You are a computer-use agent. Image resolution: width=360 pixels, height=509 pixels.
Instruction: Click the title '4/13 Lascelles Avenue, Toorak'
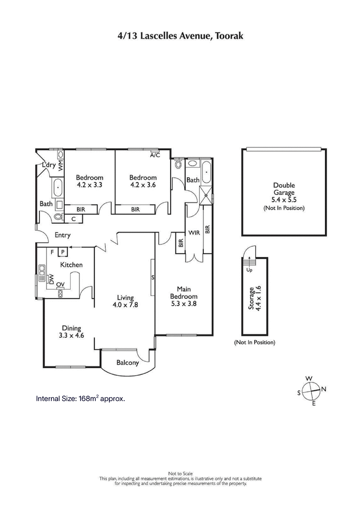(180, 36)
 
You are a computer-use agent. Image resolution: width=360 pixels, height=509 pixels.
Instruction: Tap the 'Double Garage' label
(283, 193)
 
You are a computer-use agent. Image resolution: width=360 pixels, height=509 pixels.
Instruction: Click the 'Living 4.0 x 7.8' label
(126, 301)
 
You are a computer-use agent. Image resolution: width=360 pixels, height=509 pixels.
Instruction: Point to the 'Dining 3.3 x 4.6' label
(72, 331)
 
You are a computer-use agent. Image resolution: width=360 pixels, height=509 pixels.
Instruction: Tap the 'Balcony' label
(127, 363)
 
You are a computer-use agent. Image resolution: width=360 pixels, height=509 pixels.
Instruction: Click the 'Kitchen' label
(72, 265)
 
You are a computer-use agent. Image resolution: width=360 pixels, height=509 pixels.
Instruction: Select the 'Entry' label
(63, 235)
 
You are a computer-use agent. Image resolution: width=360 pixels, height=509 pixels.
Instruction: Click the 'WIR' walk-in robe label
(194, 233)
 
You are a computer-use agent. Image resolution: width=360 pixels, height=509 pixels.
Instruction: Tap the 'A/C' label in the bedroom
(155, 155)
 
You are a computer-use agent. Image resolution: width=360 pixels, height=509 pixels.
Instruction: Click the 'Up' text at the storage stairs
(249, 270)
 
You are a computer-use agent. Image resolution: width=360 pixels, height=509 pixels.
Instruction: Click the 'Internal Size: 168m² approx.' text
(80, 398)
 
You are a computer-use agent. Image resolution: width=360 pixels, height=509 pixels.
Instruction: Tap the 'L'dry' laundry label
(48, 166)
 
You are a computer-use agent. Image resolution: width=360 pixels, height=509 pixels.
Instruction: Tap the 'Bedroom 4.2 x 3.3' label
(89, 181)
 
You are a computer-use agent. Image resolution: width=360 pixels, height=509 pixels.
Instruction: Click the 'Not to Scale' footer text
(180, 473)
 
